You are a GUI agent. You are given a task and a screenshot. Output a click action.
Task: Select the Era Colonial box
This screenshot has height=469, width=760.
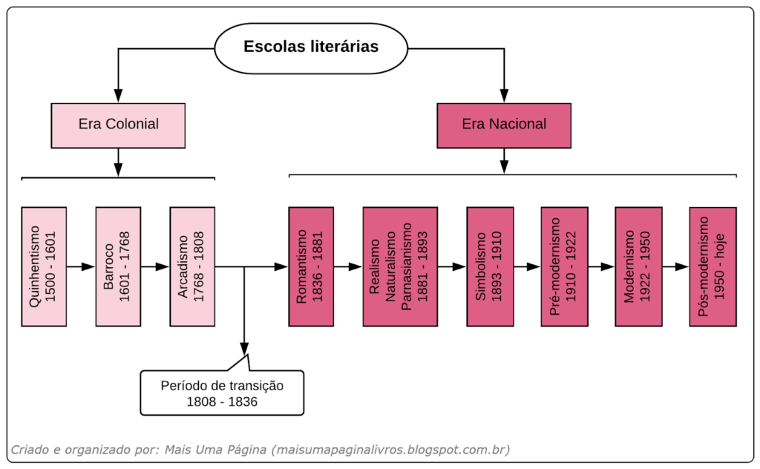[x=118, y=125]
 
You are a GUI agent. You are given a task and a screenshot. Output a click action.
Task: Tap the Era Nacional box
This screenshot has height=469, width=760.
[x=504, y=125]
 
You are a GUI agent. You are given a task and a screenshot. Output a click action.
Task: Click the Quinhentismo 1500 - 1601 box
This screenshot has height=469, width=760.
[x=44, y=266]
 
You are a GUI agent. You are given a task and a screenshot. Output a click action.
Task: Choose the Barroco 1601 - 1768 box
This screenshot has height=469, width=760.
[x=118, y=266]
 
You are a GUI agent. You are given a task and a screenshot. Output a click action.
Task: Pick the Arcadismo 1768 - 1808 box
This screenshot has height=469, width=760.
[x=192, y=266]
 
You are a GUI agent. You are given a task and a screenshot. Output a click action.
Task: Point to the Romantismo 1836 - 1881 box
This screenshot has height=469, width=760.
[x=311, y=266]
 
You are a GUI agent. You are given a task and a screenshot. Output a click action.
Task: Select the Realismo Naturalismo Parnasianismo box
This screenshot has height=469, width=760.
[x=400, y=266]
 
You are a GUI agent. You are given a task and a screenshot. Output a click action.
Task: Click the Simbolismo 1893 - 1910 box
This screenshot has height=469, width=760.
[x=489, y=266]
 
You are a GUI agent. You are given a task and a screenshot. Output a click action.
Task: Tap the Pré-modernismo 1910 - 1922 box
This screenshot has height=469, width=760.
[x=563, y=266]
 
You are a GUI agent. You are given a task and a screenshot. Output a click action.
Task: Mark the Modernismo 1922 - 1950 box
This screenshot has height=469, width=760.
[x=638, y=266]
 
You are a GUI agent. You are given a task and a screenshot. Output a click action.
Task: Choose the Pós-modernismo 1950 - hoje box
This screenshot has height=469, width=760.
[x=712, y=266]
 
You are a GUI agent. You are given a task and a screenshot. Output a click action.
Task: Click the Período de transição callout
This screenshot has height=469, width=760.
[x=222, y=393]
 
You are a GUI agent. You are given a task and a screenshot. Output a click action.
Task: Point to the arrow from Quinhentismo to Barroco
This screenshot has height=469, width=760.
[x=81, y=266]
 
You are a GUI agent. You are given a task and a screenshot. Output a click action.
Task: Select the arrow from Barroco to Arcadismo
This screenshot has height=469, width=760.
[x=155, y=266]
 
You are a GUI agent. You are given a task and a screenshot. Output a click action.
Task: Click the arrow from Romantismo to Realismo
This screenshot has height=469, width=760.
[x=348, y=266]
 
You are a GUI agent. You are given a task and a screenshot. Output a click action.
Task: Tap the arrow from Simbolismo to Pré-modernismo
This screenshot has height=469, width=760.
[x=527, y=266]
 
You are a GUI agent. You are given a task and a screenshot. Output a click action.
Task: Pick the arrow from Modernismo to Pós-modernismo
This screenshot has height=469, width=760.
[x=675, y=266]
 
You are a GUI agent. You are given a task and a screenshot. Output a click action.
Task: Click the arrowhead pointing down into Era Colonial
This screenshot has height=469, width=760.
[x=118, y=96]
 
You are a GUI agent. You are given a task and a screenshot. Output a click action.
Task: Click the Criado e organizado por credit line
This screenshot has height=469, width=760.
[x=260, y=450]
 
